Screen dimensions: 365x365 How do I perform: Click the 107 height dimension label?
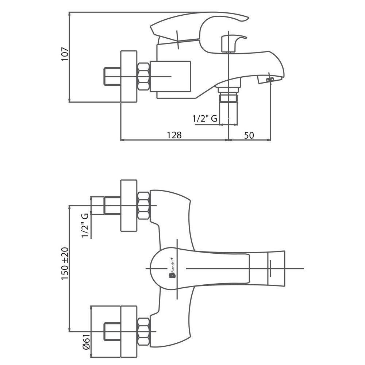pos(65,54)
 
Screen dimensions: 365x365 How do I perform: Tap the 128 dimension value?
pos(174,135)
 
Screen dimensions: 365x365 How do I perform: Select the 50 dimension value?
pos(249,135)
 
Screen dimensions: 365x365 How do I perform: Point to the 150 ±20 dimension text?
pos(65,264)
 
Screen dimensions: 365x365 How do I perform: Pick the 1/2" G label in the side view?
pos(205,119)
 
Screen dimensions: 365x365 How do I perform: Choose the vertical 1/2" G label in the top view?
pos(85,225)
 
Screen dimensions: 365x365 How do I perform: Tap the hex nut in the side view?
pos(143,76)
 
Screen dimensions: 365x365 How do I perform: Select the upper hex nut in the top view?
pos(143,205)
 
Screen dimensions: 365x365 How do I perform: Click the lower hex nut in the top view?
pos(143,331)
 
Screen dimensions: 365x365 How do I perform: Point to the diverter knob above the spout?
pos(233,43)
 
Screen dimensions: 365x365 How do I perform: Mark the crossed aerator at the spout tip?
pos(270,80)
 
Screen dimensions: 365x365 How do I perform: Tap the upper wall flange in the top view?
pos(129,205)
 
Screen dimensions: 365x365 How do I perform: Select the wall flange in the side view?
pos(128,76)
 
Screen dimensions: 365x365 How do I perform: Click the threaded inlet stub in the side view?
pos(112,76)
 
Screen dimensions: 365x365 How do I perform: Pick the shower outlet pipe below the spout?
pos(228,106)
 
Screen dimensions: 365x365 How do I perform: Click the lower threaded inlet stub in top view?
pos(112,331)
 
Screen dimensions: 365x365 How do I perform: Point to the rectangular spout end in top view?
pos(276,269)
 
